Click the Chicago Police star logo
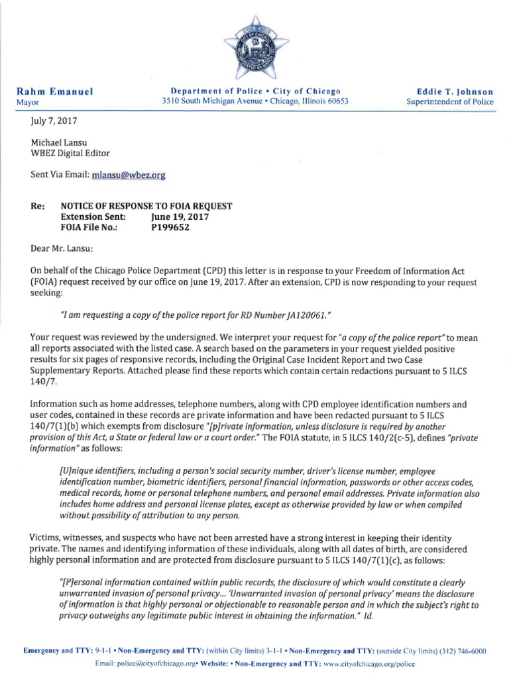pyautogui.click(x=255, y=48)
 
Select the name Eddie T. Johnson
pyautogui.click(x=454, y=91)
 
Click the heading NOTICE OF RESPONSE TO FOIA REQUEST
pyautogui.click(x=146, y=206)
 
